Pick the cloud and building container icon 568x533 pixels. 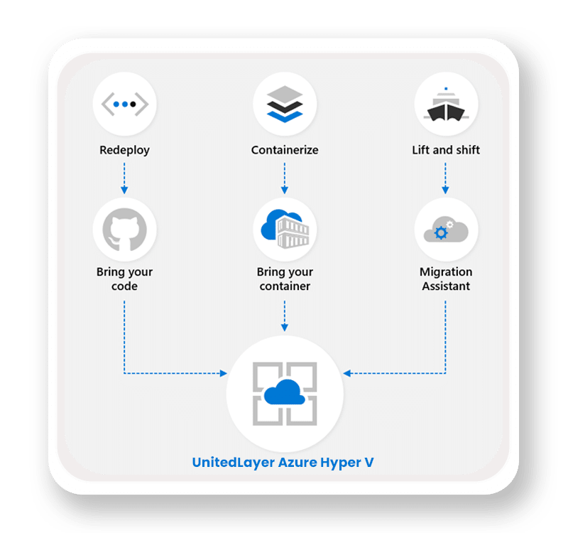285,229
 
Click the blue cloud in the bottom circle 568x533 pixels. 285,391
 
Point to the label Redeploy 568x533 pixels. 125,150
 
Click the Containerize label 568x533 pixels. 285,150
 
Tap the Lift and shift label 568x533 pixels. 446,150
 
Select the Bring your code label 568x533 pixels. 125,279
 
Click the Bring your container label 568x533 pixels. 285,279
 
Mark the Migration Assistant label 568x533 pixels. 446,279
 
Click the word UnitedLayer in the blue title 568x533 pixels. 231,463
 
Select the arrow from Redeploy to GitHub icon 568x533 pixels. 125,178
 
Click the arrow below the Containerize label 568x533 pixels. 285,178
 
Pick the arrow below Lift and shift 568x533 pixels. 446,178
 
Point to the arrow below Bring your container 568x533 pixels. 285,316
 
